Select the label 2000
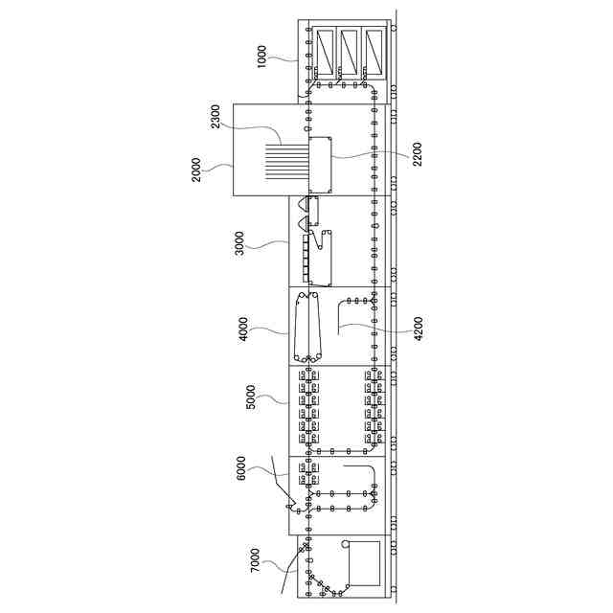(x=197, y=171)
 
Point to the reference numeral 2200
(x=417, y=154)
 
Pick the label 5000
(x=251, y=397)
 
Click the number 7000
(x=255, y=560)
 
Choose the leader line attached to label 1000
(x=287, y=59)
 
